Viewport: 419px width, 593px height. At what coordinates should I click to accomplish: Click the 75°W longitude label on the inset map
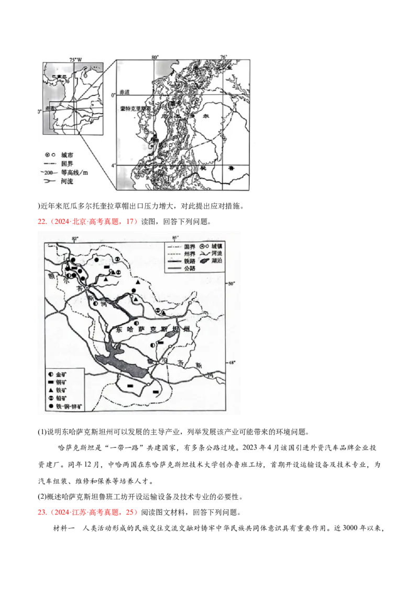click(76, 60)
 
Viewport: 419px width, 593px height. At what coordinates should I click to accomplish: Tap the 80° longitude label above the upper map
click(155, 56)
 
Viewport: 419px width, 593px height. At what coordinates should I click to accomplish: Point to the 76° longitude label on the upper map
click(224, 56)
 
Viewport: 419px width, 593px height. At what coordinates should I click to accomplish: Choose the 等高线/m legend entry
click(74, 173)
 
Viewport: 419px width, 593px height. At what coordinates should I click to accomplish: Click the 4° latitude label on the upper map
click(111, 166)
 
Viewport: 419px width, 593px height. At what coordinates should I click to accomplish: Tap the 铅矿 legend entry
click(61, 398)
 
